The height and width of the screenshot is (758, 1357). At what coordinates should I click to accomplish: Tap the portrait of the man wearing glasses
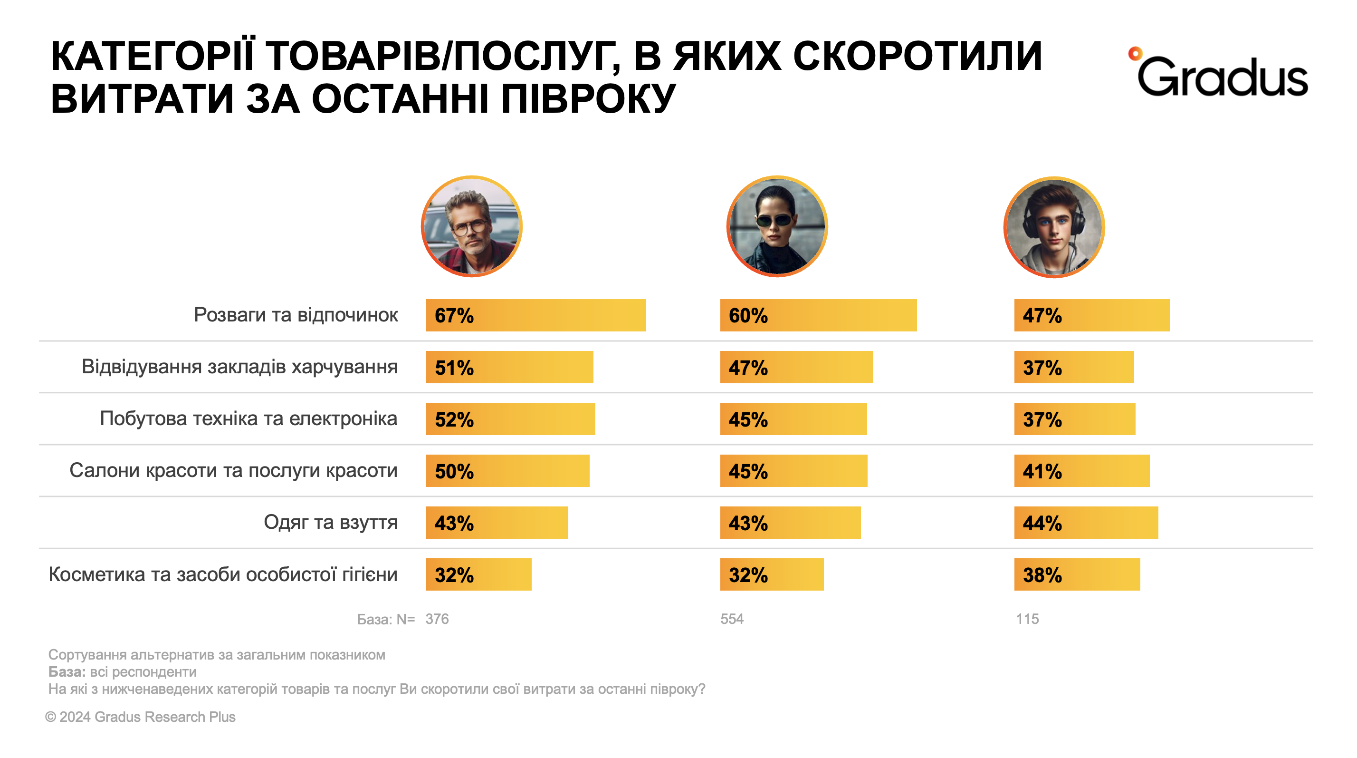(x=471, y=226)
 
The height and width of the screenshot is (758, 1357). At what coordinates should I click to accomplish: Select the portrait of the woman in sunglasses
(x=776, y=226)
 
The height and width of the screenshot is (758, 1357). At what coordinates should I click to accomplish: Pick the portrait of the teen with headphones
(x=1053, y=227)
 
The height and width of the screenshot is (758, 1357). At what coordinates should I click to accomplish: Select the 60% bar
(x=818, y=315)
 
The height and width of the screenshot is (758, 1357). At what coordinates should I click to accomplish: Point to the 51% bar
(x=509, y=367)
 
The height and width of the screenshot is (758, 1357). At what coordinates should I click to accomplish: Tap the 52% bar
(x=510, y=418)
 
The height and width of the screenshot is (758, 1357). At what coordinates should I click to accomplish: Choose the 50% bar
(x=507, y=470)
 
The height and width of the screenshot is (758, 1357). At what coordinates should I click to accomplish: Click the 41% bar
(x=1081, y=470)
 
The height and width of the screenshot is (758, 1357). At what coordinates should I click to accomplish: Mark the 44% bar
(x=1086, y=523)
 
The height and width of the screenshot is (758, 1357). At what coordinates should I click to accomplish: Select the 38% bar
(x=1077, y=574)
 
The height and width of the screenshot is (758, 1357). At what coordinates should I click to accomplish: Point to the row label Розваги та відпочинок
(x=296, y=315)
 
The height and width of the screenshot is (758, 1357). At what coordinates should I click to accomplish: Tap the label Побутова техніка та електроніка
(x=248, y=418)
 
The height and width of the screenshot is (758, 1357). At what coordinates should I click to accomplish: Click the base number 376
(x=437, y=619)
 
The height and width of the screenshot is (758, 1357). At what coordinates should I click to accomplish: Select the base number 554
(x=732, y=619)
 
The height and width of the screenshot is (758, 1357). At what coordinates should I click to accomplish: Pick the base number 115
(x=1027, y=619)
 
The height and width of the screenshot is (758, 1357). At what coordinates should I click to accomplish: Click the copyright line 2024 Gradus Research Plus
(x=141, y=717)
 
